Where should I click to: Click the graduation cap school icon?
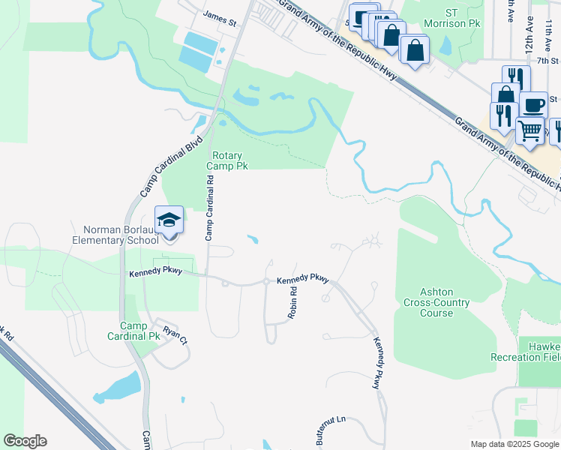pyautogui.click(x=169, y=220)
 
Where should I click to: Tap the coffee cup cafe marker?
pyautogui.click(x=533, y=105)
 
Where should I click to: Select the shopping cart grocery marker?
pyautogui.click(x=530, y=131)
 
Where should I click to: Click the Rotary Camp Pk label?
pyautogui.click(x=227, y=160)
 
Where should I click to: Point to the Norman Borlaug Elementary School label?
pyautogui.click(x=115, y=234)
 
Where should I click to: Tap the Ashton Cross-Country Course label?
pyautogui.click(x=436, y=302)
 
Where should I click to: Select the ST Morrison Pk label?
pyautogui.click(x=462, y=19)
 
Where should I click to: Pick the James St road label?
pyautogui.click(x=220, y=19)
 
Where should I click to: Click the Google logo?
pyautogui.click(x=25, y=441)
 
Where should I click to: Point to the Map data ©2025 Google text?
pyautogui.click(x=514, y=444)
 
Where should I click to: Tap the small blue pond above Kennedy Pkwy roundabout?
pyautogui.click(x=253, y=240)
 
